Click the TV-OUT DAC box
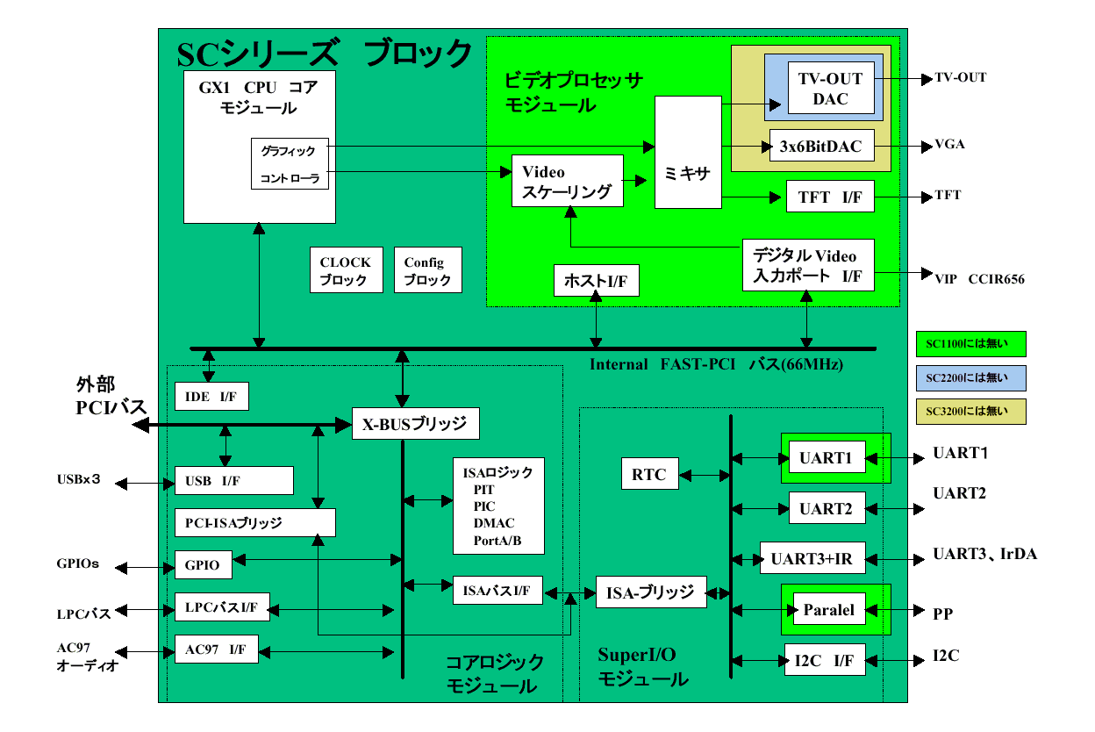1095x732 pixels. pyautogui.click(x=830, y=88)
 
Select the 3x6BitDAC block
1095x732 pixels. pyautogui.click(x=821, y=146)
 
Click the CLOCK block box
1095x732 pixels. pyautogui.click(x=347, y=270)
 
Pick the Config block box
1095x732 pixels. pyautogui.click(x=427, y=270)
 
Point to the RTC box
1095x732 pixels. pyautogui.click(x=649, y=475)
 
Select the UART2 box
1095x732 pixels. pyautogui.click(x=827, y=508)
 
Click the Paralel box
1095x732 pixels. pyautogui.click(x=828, y=609)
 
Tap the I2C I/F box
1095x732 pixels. pyautogui.click(x=825, y=660)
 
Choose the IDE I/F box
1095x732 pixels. pyautogui.click(x=211, y=397)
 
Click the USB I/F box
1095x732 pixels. pyautogui.click(x=233, y=480)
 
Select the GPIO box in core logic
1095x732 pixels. pyautogui.click(x=204, y=565)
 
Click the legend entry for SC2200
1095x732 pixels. pyautogui.click(x=970, y=377)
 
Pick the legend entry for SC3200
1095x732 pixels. pyautogui.click(x=970, y=411)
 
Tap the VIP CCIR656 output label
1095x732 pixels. pyautogui.click(x=979, y=279)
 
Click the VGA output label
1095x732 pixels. pyautogui.click(x=949, y=145)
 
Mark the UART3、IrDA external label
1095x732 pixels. pyautogui.click(x=984, y=555)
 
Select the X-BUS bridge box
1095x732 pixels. pyautogui.click(x=415, y=425)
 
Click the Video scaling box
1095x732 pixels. pyautogui.click(x=567, y=182)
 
